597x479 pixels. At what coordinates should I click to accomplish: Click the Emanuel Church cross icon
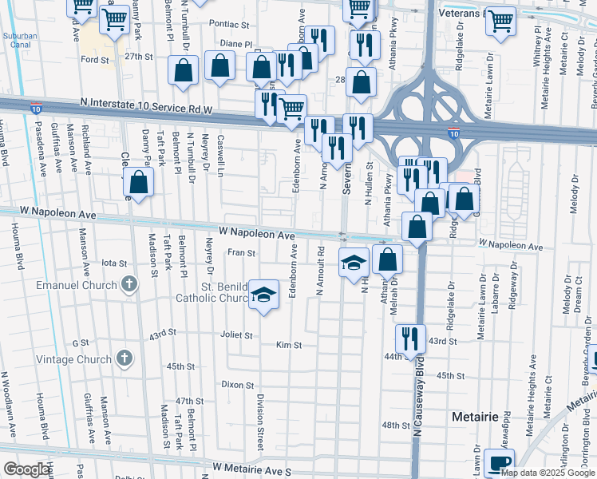click(128, 284)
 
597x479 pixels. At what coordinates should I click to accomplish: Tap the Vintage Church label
click(73, 359)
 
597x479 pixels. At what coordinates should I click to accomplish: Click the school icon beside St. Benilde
click(263, 295)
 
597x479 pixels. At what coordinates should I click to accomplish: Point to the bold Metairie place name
click(474, 417)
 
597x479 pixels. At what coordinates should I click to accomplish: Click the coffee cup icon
click(500, 463)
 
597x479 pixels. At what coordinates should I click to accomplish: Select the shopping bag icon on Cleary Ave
click(140, 183)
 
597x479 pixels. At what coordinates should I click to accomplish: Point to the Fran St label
click(240, 253)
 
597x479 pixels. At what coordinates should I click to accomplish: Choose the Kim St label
click(288, 346)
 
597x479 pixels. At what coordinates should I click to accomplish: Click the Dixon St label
click(238, 384)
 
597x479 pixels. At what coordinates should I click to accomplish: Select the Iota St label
click(114, 263)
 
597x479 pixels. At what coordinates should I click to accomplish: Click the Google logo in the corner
click(26, 469)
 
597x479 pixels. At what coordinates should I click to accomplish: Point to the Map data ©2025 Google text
click(548, 473)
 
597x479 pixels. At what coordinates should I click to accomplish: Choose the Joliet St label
click(237, 336)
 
